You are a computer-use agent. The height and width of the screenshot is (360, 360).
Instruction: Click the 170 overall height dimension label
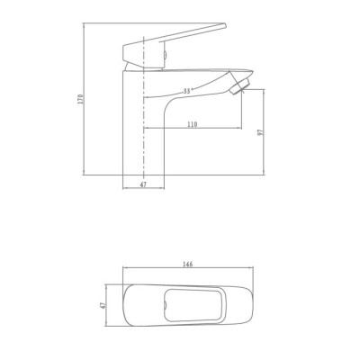click(80, 99)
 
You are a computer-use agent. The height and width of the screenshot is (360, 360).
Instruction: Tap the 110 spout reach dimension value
click(193, 124)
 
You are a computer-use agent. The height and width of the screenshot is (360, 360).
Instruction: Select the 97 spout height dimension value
click(261, 132)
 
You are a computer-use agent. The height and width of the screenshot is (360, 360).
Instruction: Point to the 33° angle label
click(187, 91)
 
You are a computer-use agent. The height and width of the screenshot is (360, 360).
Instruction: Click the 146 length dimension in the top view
click(188, 265)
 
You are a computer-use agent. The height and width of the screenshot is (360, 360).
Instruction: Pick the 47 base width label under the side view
click(143, 184)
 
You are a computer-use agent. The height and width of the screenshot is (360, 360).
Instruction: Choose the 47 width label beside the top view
click(103, 305)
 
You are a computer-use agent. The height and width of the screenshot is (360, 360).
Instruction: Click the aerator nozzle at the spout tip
click(239, 85)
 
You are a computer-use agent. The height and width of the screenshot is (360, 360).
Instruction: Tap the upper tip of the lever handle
click(225, 25)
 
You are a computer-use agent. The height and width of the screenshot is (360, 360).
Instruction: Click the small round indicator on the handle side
click(165, 55)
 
